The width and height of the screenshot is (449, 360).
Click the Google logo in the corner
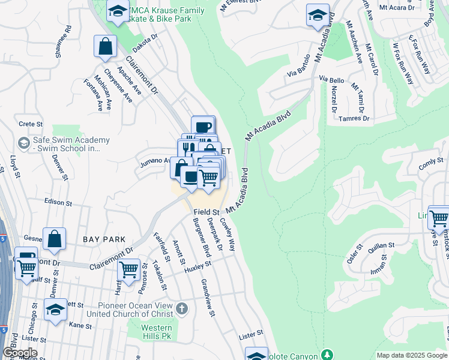click(20, 352)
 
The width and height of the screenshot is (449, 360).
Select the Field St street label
click(206, 212)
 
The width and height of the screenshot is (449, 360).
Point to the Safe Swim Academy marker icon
click(23, 143)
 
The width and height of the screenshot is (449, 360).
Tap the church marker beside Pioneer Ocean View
click(182, 310)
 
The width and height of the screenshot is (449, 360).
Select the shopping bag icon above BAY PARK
click(55, 238)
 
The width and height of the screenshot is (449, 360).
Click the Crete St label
click(29, 123)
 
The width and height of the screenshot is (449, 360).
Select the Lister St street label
click(251, 332)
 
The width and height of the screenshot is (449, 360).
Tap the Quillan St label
click(381, 245)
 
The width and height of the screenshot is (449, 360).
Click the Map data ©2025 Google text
click(412, 355)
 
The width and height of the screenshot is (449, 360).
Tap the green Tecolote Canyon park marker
click(327, 354)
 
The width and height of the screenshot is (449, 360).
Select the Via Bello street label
click(331, 80)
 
